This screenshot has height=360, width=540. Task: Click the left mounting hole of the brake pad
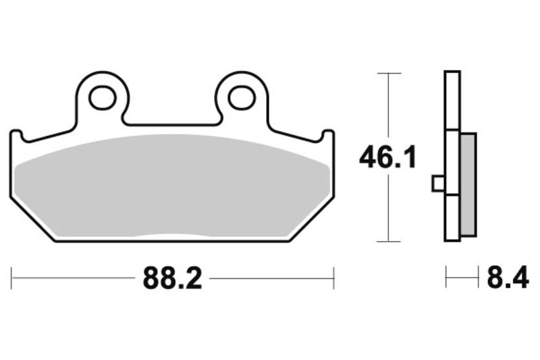[x=103, y=98]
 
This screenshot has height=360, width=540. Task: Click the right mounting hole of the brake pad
[x=241, y=98]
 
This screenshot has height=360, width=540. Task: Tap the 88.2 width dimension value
[x=172, y=278]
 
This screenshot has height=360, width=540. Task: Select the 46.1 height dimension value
[x=387, y=158]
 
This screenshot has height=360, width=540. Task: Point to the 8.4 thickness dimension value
[x=508, y=278]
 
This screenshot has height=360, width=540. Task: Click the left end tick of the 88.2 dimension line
[x=11, y=278]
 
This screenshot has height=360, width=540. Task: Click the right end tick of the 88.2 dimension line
[x=333, y=278]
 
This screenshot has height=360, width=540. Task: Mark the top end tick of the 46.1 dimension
[x=388, y=73]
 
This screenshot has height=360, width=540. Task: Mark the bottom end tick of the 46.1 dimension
[x=388, y=241]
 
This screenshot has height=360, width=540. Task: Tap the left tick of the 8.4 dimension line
[x=446, y=278]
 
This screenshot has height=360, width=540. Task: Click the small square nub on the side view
[x=437, y=183]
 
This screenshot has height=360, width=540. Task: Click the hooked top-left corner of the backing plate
[x=17, y=135]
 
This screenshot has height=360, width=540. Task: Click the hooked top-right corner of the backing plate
[x=327, y=135]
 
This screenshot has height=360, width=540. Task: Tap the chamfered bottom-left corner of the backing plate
[x=30, y=220]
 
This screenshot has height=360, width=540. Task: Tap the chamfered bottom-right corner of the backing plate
[x=314, y=220]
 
